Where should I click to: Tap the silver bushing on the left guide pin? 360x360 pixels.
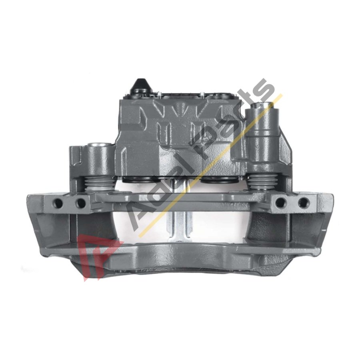(99, 145)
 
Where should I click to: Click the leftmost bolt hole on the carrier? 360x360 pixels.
(58, 202)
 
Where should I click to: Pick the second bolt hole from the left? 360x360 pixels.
(80, 202)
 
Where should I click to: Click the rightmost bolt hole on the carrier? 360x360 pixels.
(303, 202)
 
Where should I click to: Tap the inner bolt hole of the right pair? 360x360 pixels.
(280, 202)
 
